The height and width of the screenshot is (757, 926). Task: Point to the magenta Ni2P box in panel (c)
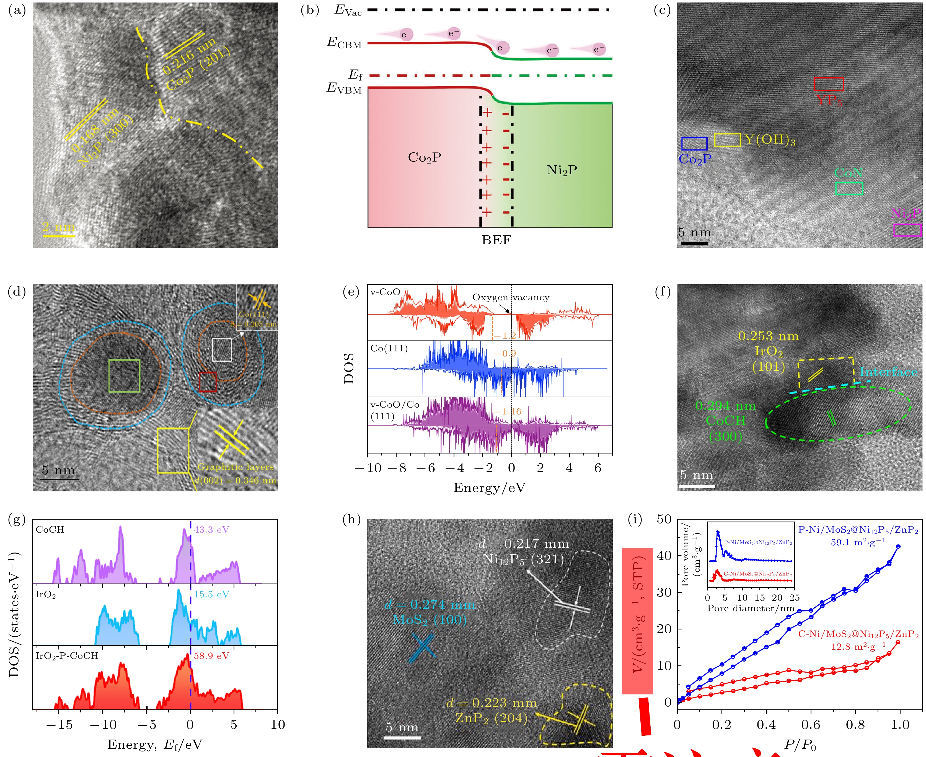tap(907, 230)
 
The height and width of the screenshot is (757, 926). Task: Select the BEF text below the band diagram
tap(496, 240)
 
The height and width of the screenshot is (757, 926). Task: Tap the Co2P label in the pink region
tap(425, 157)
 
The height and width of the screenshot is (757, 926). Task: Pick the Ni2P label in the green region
tap(562, 170)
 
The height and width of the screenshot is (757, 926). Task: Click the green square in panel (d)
tap(124, 376)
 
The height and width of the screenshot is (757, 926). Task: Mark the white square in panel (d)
tap(222, 350)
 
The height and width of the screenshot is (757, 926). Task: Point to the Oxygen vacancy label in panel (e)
tap(510, 297)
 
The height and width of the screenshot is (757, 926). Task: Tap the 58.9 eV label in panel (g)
tap(211, 656)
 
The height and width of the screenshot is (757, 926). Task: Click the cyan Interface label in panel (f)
tap(888, 372)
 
